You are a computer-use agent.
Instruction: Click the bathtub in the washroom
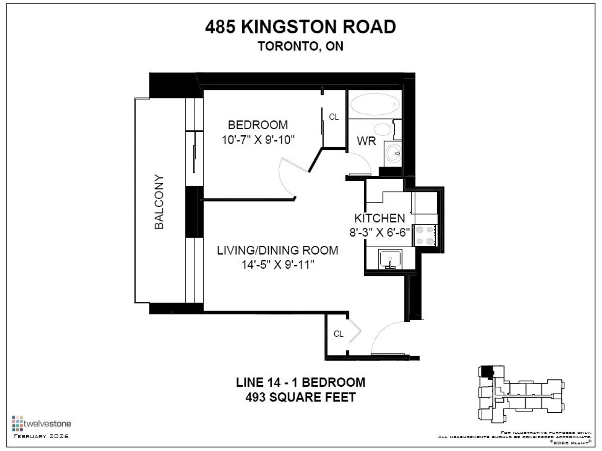pyautogui.click(x=375, y=104)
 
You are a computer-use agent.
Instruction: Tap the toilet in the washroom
pyautogui.click(x=383, y=129)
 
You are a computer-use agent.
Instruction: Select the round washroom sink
pyautogui.click(x=394, y=154)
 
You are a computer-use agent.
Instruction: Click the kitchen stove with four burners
pyautogui.click(x=425, y=235)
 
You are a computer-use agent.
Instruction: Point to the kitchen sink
pyautogui.click(x=390, y=259)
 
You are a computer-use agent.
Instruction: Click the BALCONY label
pyautogui.click(x=159, y=201)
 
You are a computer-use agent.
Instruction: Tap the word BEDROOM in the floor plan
pyautogui.click(x=258, y=125)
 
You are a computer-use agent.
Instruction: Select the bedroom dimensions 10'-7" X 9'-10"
pyautogui.click(x=258, y=140)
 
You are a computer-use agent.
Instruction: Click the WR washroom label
pyautogui.click(x=366, y=141)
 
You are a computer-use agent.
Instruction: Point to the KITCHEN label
pyautogui.click(x=380, y=218)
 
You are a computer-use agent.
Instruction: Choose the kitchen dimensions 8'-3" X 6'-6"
pyautogui.click(x=380, y=233)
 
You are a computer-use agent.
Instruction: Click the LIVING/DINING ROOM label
pyautogui.click(x=278, y=250)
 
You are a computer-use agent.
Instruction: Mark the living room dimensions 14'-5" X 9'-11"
pyautogui.click(x=278, y=265)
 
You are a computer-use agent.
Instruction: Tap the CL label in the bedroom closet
pyautogui.click(x=334, y=117)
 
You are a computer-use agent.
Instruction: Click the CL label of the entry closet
pyautogui.click(x=338, y=334)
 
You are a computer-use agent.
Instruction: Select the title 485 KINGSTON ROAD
pyautogui.click(x=301, y=27)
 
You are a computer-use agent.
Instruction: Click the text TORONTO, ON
pyautogui.click(x=301, y=46)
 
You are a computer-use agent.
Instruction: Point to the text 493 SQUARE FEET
pyautogui.click(x=301, y=397)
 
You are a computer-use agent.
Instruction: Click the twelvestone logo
pyautogui.click(x=41, y=424)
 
